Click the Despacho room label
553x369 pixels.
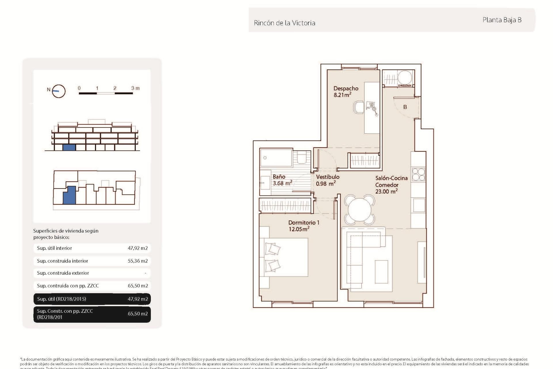click(x=346, y=89)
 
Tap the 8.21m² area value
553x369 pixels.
click(x=342, y=95)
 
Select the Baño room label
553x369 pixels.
click(x=279, y=177)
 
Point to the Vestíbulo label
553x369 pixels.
click(x=327, y=177)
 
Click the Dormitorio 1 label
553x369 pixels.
click(x=304, y=223)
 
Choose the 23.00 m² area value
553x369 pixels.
click(x=386, y=191)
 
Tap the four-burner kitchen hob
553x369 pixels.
click(x=418, y=174)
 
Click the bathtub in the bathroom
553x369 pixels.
click(x=276, y=158)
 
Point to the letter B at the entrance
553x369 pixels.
click(x=405, y=107)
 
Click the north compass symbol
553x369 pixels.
click(x=59, y=91)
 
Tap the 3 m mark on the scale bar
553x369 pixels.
click(x=135, y=88)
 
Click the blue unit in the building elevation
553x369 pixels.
click(x=69, y=147)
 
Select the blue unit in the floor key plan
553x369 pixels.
click(x=69, y=195)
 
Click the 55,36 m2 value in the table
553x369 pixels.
click(x=138, y=261)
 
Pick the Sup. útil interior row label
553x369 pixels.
click(x=54, y=248)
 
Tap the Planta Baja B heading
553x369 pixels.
click(x=502, y=20)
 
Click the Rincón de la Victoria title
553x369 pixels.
click(x=284, y=23)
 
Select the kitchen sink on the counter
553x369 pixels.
click(x=418, y=205)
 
